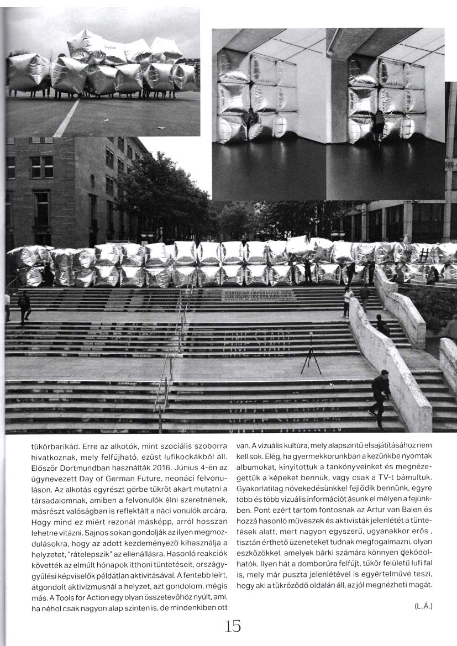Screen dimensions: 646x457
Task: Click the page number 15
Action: click(x=232, y=626)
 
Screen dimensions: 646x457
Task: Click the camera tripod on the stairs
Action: click(x=311, y=354)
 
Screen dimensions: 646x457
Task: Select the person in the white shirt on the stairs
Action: click(x=347, y=301)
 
